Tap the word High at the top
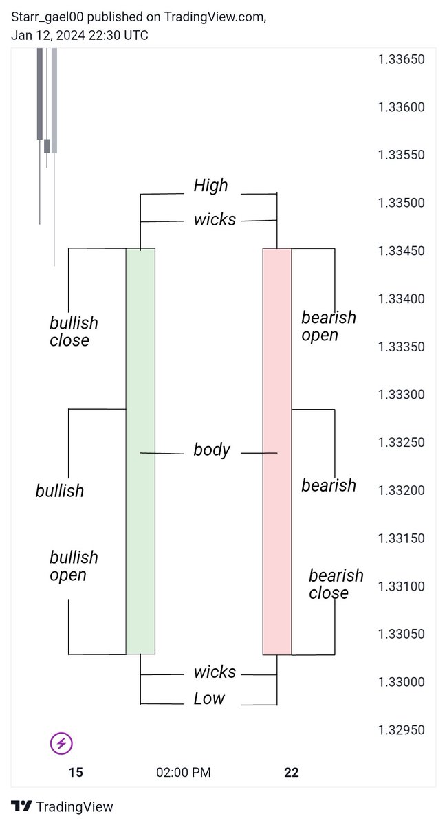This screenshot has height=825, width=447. (210, 185)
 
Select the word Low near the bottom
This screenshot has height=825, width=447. (209, 698)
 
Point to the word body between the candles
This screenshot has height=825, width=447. (212, 450)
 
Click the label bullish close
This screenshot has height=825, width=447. (74, 331)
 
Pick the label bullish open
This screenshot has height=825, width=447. (74, 566)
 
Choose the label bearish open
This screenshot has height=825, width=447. (329, 326)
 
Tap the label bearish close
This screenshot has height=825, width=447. (336, 584)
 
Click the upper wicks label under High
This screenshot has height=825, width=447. (215, 220)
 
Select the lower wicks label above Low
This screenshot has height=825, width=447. (215, 672)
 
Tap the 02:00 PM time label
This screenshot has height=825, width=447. (184, 773)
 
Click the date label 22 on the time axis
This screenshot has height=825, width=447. (292, 773)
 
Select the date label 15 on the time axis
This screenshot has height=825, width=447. (76, 773)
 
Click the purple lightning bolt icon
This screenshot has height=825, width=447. (62, 743)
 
